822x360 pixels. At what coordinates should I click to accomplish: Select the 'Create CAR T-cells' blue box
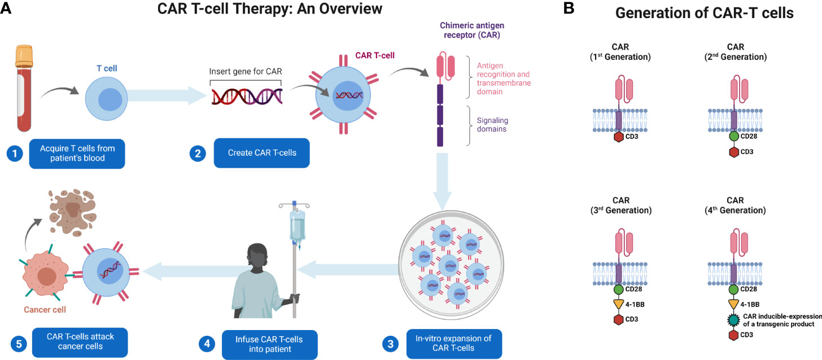click(262, 153)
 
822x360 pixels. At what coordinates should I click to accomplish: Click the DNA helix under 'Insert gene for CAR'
click(247, 97)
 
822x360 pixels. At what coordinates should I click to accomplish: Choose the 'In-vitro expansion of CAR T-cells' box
click(454, 344)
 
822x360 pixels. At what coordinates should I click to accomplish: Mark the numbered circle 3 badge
click(388, 344)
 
